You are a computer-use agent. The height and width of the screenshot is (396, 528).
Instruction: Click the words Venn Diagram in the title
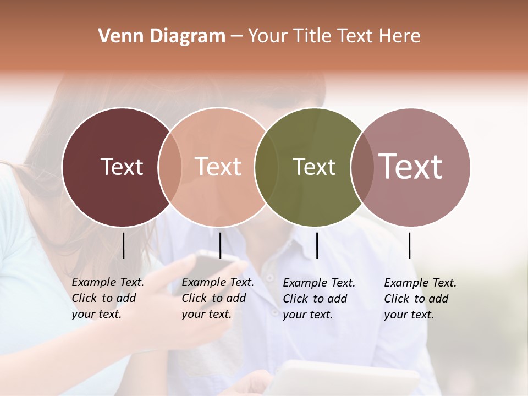pos(162,36)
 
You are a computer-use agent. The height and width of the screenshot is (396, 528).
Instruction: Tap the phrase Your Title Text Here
pos(334,36)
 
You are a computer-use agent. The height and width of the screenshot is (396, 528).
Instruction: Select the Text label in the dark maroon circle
pos(122,167)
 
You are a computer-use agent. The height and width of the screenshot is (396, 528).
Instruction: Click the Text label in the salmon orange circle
pos(218,167)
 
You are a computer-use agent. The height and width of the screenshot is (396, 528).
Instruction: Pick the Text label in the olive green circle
pos(314,167)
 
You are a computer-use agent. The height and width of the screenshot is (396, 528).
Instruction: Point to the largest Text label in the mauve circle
pos(410,167)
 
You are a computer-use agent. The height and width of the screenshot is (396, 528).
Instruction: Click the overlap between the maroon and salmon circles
pos(170,167)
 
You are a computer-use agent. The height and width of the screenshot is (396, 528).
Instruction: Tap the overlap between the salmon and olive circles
pos(266,167)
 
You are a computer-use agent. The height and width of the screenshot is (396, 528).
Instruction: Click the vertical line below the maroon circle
pos(124,245)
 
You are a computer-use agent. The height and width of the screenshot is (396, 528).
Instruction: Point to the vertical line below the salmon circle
pos(220,245)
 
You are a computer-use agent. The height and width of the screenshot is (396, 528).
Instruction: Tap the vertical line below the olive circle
pos(317,245)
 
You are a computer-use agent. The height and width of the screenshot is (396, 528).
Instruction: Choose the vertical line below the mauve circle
pos(409,245)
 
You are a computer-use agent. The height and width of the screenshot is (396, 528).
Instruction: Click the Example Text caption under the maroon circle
pos(108,298)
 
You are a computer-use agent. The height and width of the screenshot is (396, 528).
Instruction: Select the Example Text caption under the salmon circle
pos(218,298)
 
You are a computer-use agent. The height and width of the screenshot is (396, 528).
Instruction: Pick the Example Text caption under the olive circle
pos(319,299)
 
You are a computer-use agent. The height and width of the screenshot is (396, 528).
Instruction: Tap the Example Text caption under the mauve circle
pos(420,299)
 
